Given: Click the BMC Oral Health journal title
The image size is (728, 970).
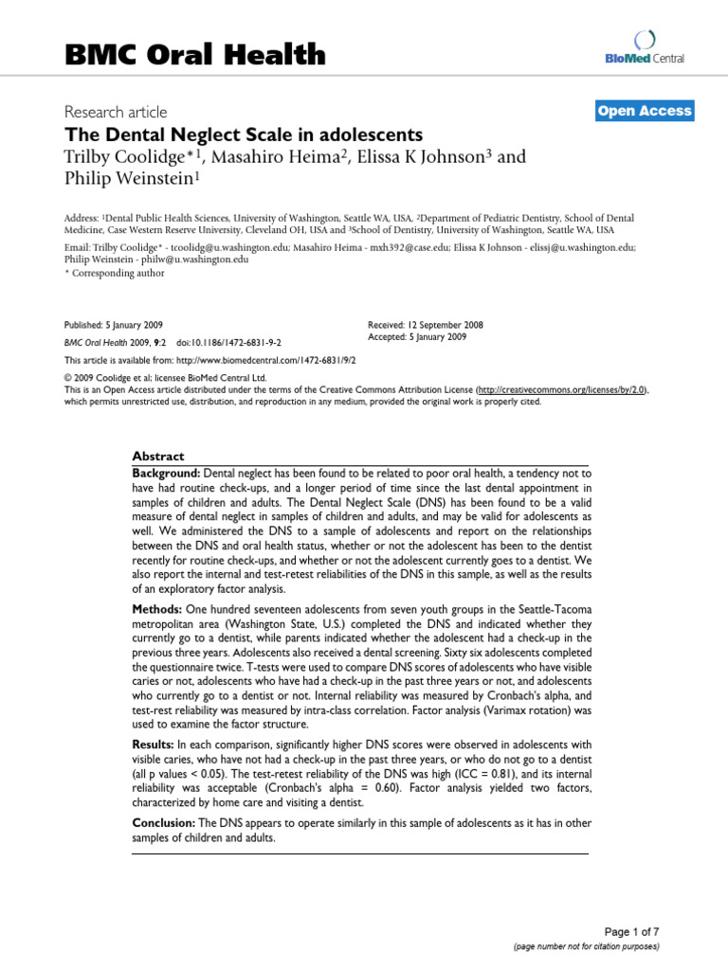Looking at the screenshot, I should point(194,56).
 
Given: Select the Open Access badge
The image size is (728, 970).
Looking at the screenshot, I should point(645,112).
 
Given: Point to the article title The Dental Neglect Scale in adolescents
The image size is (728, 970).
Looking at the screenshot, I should point(243,135).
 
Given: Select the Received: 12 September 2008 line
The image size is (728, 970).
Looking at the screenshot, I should point(425,325).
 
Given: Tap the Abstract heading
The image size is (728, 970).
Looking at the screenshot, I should point(157,456).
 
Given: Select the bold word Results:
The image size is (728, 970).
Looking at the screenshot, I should point(154,743).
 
